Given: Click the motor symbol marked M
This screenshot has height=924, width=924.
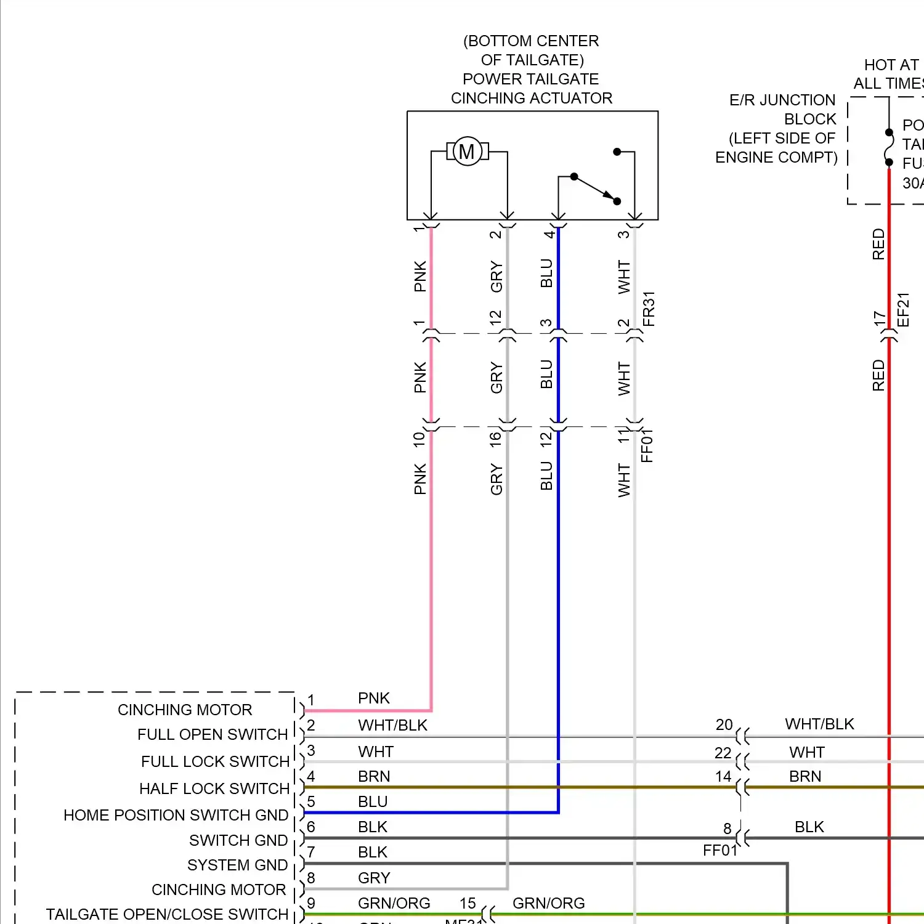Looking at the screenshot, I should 467,151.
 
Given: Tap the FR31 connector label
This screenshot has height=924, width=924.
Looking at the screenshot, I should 649,309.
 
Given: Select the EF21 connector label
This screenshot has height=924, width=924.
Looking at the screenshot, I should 903,309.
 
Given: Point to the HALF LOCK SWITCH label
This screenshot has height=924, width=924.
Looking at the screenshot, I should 214,788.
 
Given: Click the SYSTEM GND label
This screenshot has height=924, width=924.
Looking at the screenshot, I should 237,865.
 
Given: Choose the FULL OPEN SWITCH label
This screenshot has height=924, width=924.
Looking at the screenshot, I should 213,734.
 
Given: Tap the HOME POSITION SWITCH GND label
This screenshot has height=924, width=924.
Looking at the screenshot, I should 176,815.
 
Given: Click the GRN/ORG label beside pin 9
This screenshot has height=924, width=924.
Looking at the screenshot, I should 394,903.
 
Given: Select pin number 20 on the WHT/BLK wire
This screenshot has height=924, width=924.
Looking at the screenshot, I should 724,724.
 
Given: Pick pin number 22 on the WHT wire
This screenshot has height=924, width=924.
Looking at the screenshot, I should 723,753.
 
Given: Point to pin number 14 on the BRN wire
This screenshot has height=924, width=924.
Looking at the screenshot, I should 724,777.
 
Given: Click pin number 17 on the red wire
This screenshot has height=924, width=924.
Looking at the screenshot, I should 879,318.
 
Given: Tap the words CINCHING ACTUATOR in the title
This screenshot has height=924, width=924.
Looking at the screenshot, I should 532,98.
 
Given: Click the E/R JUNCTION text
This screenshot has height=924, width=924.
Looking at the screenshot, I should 782,100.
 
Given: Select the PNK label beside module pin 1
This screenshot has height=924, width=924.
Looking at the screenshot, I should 374,698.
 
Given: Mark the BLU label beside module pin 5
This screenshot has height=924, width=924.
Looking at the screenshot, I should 373,801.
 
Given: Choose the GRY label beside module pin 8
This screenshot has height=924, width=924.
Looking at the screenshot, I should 374,878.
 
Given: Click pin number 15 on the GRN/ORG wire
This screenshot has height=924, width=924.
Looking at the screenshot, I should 468,903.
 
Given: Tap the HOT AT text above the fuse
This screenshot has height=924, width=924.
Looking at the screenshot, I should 891,65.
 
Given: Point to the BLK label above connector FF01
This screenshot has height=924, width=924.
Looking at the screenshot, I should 809,827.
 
